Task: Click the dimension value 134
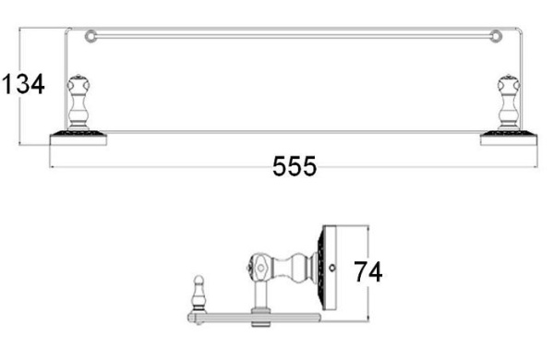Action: point(23,84)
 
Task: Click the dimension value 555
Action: point(295,166)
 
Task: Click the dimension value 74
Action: point(368,272)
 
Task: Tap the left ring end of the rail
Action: point(90,36)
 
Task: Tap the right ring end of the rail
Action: point(496,36)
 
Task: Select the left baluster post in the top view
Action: point(78,102)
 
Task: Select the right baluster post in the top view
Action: point(509,102)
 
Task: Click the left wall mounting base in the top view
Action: point(78,138)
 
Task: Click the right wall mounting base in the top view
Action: point(509,138)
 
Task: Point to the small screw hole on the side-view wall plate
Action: point(331,268)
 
